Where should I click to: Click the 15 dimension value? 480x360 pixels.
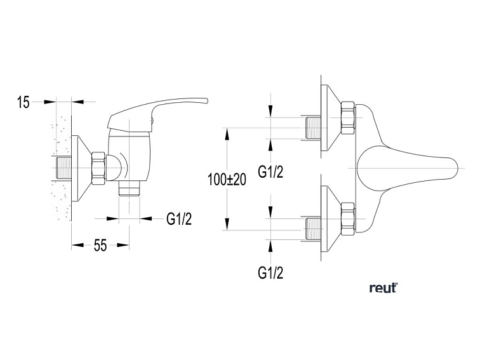23,102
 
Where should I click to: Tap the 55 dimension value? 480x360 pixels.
100,245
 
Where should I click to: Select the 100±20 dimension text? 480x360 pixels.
227,180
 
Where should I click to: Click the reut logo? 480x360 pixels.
383,288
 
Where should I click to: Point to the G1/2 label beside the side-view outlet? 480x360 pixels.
179,219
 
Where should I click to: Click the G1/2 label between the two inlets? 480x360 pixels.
270,172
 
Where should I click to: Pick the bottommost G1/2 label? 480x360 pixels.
270,272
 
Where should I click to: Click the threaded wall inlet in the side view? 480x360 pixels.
62,168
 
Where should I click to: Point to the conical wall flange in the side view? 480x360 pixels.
82,168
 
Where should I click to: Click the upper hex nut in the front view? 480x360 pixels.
348,118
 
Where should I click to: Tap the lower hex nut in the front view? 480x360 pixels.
348,219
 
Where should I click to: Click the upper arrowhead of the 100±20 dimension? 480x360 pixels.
227,134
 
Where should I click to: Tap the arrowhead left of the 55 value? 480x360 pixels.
77,245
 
